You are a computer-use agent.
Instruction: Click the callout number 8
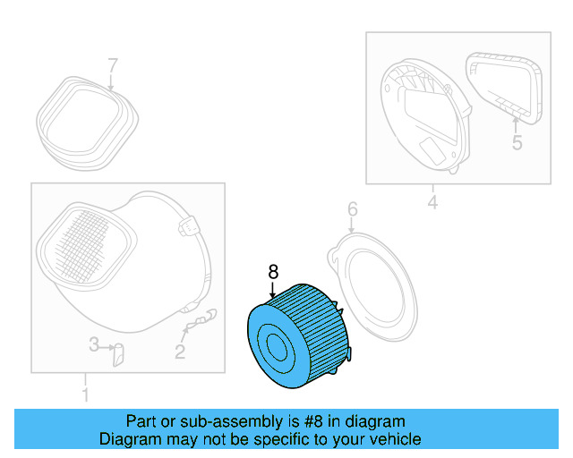pyautogui.click(x=274, y=269)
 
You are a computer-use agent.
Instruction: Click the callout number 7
pyautogui.click(x=113, y=65)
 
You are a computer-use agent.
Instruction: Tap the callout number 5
pyautogui.click(x=517, y=142)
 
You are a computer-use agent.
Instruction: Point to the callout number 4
pyautogui.click(x=432, y=203)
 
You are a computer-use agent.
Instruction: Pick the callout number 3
pyautogui.click(x=93, y=344)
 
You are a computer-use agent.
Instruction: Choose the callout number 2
pyautogui.click(x=180, y=352)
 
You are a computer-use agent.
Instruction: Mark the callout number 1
pyautogui.click(x=85, y=394)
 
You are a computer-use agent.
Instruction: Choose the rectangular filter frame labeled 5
pyautogui.click(x=506, y=87)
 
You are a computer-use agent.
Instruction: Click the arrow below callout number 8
pyautogui.click(x=274, y=289)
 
